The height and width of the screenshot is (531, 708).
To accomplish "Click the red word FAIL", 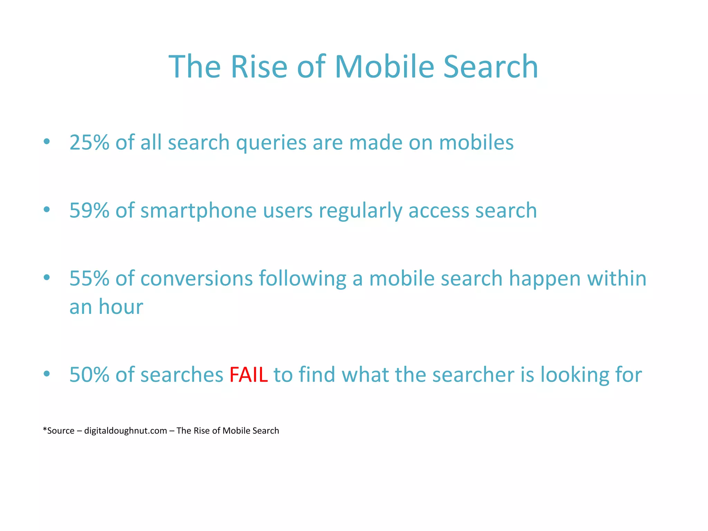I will pos(248,374).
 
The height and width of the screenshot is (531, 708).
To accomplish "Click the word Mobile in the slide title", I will pos(384,66).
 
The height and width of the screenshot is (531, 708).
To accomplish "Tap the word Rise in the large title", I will pos(259,66).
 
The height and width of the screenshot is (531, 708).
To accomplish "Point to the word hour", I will pos(121,307).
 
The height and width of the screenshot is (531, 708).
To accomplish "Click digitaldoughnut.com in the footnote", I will pos(125,431).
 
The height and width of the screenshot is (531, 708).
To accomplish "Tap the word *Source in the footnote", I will pos(58,431).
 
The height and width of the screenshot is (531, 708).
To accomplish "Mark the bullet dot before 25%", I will pos(47,141).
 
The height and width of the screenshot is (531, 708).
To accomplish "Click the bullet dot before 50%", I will pos(47,374).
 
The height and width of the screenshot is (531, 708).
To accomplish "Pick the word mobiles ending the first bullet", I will pos(476,142).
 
